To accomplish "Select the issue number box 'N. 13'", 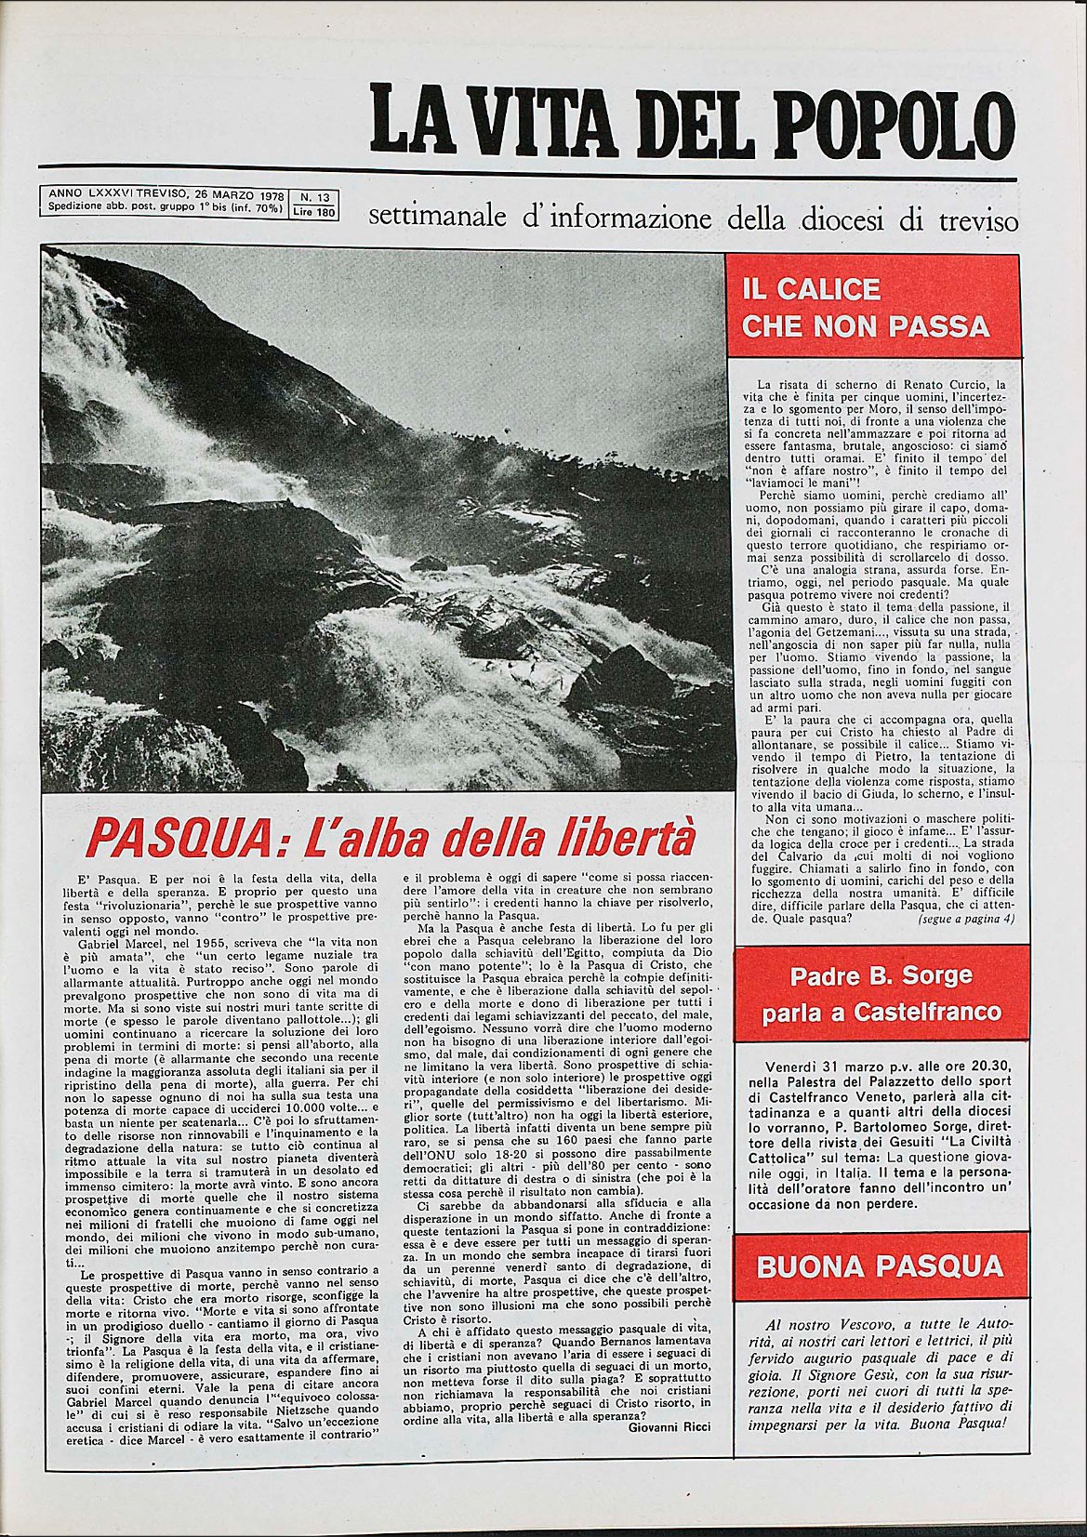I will click(315, 197).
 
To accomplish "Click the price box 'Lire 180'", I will click(314, 211).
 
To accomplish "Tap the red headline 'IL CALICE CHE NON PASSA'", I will click(865, 308).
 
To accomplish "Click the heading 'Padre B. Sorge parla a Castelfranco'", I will click(881, 994).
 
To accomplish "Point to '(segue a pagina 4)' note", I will click(965, 919).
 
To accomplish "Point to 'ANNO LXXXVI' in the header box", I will click(88, 196).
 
